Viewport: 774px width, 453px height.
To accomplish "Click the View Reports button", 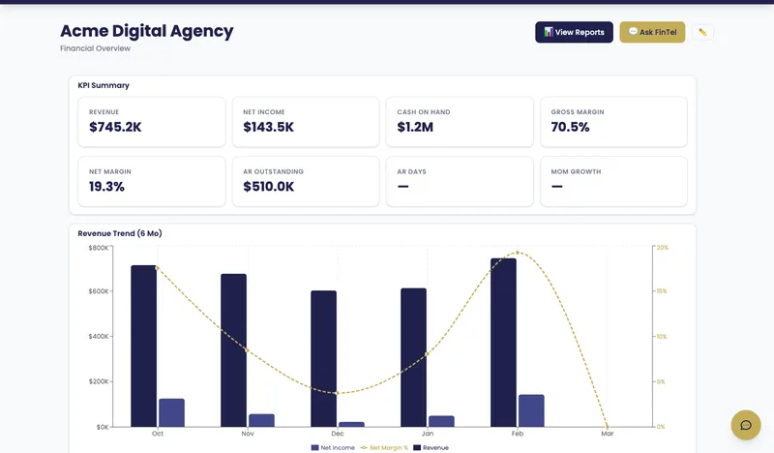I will (x=574, y=32).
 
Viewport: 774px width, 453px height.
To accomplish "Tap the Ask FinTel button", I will (x=652, y=32).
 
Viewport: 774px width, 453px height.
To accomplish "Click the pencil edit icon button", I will (x=702, y=32).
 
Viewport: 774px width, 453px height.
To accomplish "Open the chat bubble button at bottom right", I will (x=746, y=425).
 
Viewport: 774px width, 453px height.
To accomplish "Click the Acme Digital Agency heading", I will (x=146, y=31).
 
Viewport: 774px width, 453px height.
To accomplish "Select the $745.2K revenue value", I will (x=115, y=127).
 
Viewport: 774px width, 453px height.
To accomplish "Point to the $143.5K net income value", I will (x=268, y=127).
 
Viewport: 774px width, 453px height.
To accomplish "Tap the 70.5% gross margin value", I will (x=570, y=127).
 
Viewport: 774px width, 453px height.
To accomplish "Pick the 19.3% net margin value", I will (x=106, y=187).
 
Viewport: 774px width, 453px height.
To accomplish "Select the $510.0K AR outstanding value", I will (x=269, y=187).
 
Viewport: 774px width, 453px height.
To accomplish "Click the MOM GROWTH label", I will (x=576, y=171).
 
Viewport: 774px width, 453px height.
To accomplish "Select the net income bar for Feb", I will (x=531, y=410).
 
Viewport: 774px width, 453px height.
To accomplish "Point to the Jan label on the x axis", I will (x=427, y=434).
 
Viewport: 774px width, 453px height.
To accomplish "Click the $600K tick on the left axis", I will (x=99, y=291).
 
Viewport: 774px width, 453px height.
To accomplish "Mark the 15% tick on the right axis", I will (x=662, y=291).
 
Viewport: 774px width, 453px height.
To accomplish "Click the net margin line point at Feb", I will (x=518, y=253).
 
